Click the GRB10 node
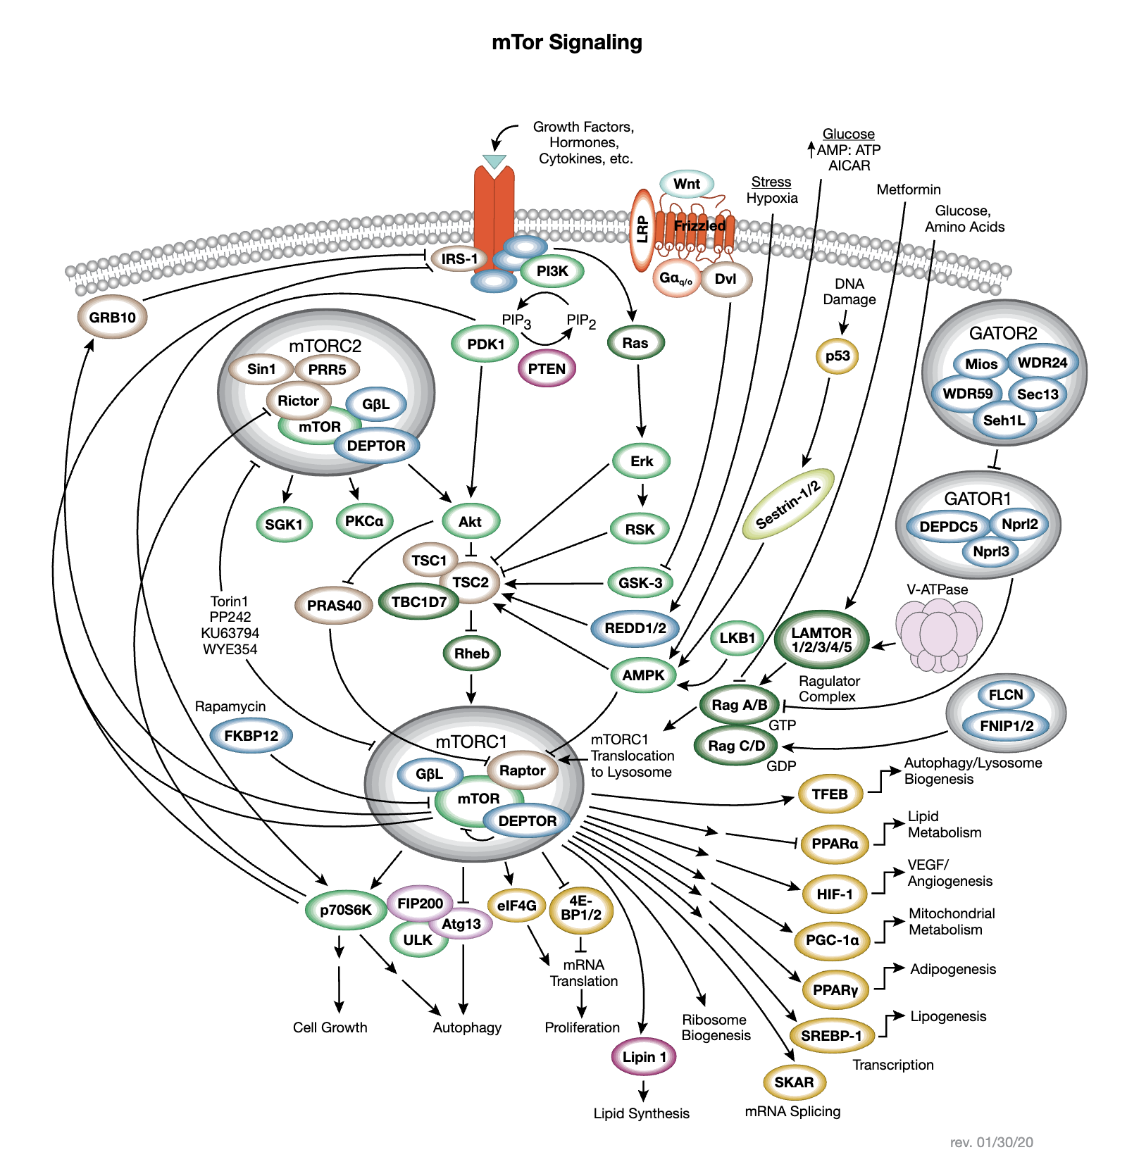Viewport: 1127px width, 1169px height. coord(112,317)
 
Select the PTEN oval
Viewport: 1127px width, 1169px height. coord(547,369)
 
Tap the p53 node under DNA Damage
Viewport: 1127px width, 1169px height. coord(838,356)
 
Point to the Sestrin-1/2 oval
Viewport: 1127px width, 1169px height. coord(788,504)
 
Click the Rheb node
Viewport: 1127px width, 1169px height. coord(471,654)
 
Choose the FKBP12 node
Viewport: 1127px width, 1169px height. coord(251,736)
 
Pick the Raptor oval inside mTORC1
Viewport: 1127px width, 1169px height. coord(522,770)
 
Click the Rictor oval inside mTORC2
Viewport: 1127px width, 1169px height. coord(298,401)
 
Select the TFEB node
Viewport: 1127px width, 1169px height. coord(830,794)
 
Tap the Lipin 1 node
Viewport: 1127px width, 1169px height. coord(644,1056)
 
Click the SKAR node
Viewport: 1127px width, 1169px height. coord(794,1082)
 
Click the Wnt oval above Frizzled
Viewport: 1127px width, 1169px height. coord(687,184)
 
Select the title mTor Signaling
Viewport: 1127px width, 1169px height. coord(567,42)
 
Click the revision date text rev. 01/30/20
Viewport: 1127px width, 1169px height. coord(991,1142)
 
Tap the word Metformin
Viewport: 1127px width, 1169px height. coord(908,189)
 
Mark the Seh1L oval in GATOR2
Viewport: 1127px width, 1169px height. coord(1004,420)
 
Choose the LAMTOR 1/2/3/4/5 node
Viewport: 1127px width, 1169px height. coord(821,639)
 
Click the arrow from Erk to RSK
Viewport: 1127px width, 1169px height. coord(642,494)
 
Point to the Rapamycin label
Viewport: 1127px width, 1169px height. coord(230,706)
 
